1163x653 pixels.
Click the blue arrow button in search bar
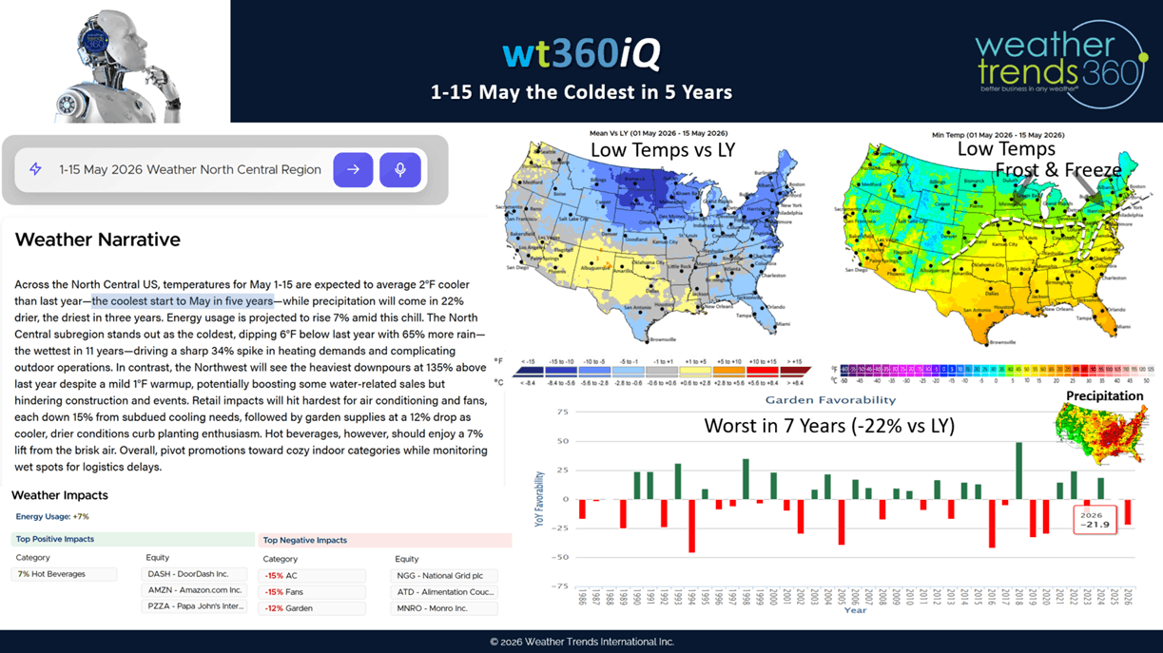click(353, 170)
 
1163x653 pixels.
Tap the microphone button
click(400, 170)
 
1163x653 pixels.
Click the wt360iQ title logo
click(581, 54)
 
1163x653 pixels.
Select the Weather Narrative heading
click(97, 240)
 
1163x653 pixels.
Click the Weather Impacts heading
click(60, 495)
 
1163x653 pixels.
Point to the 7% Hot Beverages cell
click(64, 574)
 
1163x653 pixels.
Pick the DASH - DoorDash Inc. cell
click(194, 574)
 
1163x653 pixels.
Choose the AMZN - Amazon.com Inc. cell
click(194, 590)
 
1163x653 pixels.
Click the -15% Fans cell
click(312, 592)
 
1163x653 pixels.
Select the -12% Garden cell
click(312, 608)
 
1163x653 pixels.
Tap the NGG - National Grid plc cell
click(444, 576)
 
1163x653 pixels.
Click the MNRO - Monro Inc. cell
click(444, 608)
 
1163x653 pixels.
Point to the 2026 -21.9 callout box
click(1094, 519)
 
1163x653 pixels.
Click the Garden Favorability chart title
click(830, 400)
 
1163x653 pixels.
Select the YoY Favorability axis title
click(539, 498)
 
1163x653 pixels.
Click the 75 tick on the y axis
click(562, 413)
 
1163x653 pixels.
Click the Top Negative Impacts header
click(305, 540)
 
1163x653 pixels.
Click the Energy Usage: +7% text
click(52, 517)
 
